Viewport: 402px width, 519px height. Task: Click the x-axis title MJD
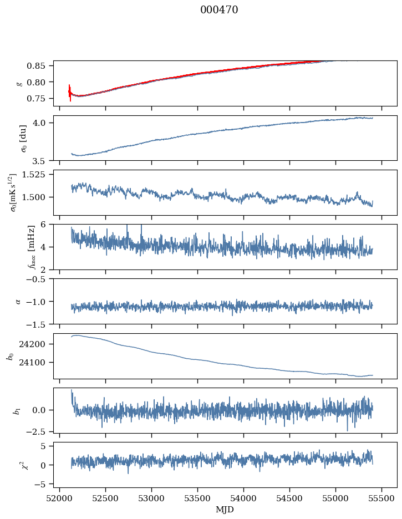pos(225,509)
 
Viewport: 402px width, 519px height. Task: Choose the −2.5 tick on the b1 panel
pos(39,431)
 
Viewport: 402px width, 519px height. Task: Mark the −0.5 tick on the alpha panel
pos(39,279)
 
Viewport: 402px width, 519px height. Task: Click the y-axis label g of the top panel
pos(19,83)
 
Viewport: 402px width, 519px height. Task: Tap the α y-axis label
pos(18,301)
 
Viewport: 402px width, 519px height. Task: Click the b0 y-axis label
pos(9,355)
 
